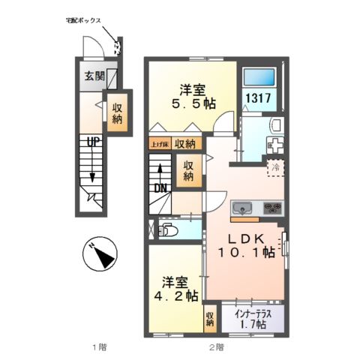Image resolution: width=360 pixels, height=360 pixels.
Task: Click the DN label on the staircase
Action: (159, 187)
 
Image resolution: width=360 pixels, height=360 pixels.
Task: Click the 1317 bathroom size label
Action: (258, 98)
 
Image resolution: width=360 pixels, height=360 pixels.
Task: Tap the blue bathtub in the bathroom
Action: (258, 76)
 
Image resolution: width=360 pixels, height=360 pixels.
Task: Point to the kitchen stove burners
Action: (271, 208)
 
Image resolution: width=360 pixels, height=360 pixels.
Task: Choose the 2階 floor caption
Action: (216, 346)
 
